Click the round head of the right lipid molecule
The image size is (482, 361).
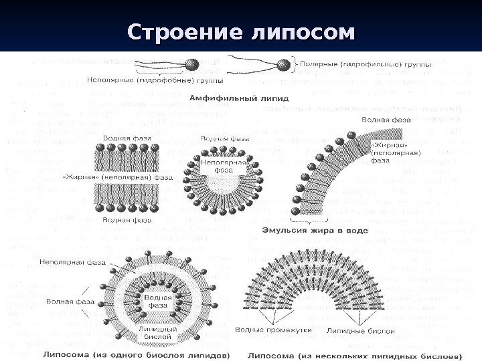pos(283,64)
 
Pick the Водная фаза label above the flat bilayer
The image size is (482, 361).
pos(126,138)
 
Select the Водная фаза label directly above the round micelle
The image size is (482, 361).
pos(221,138)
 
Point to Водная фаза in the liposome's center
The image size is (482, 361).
pos(157,300)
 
